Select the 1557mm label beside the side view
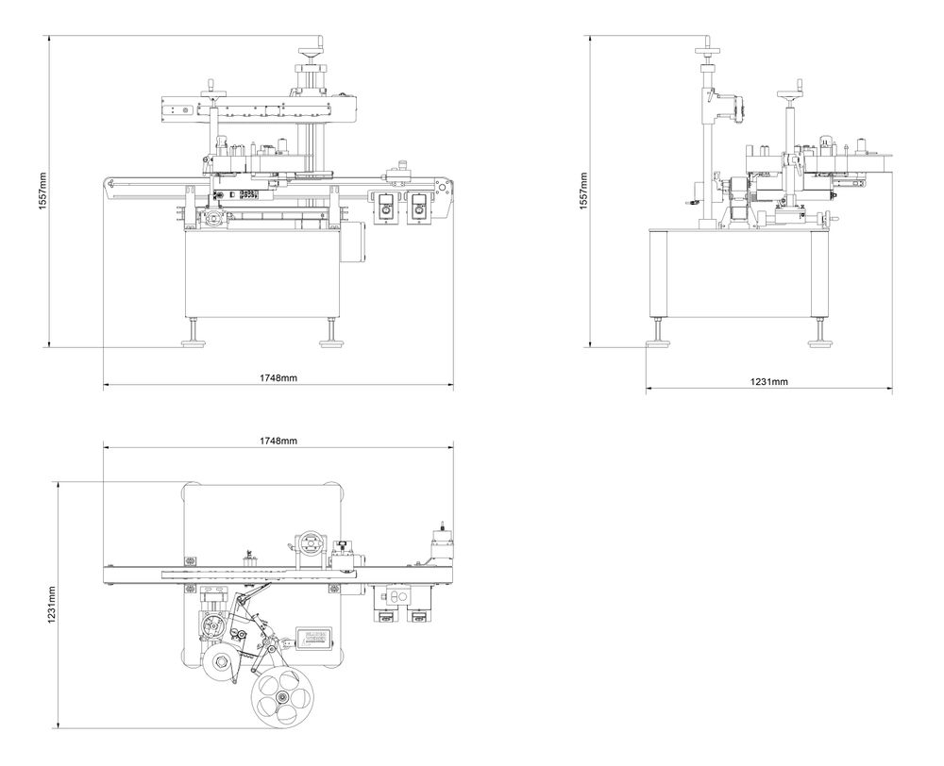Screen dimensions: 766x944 (x=583, y=191)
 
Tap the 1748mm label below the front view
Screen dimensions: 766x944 (x=278, y=378)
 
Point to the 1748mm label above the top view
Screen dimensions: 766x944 (x=278, y=441)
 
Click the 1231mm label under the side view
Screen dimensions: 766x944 (x=769, y=381)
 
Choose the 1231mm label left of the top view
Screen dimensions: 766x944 (x=53, y=605)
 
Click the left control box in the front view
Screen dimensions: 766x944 (x=385, y=207)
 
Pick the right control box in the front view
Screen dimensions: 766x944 (x=417, y=207)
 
